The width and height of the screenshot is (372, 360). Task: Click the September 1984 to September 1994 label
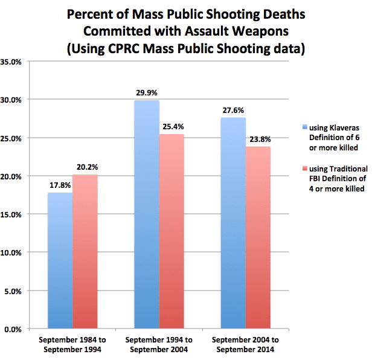click(x=72, y=344)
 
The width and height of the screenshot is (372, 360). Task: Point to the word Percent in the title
click(x=92, y=13)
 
